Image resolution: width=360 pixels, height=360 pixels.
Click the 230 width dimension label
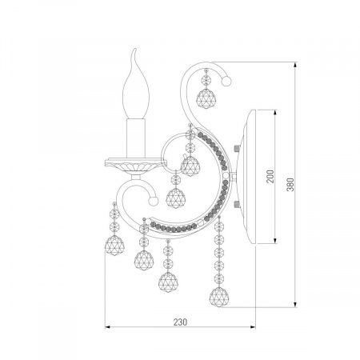181,322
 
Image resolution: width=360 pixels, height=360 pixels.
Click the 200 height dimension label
270,176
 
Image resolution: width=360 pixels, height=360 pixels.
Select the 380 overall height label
290,184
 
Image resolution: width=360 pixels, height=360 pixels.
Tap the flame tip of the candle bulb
135,49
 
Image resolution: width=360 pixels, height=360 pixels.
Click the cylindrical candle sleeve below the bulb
136,138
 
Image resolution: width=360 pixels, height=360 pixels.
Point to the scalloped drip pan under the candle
135,166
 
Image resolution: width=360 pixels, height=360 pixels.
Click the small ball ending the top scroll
226,81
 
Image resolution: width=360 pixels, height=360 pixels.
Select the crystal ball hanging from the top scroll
206,98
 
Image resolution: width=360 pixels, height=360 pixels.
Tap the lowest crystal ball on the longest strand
218,297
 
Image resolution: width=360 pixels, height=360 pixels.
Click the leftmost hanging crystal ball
114,246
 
